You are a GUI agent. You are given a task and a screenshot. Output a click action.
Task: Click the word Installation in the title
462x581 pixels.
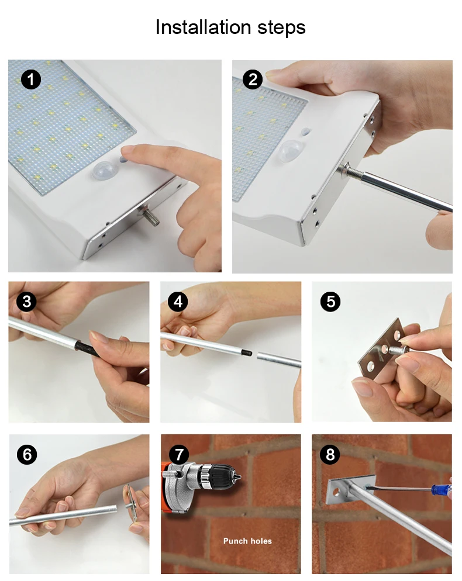click(203, 27)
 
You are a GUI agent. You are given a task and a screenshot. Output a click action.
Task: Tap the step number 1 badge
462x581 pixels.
click(31, 79)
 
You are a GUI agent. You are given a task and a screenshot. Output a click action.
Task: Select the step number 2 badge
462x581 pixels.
click(253, 79)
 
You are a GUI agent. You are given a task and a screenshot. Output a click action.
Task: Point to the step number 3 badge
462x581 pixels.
click(27, 301)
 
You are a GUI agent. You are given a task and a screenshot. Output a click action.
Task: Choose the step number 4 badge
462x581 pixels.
click(178, 301)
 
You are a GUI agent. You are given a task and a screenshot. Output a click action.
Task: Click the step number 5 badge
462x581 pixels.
click(330, 301)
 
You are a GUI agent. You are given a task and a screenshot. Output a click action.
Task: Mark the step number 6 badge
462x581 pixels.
click(27, 454)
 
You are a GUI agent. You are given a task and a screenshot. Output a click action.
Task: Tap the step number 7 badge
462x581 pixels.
click(179, 454)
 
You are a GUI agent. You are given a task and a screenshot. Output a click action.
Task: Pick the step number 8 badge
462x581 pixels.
click(330, 454)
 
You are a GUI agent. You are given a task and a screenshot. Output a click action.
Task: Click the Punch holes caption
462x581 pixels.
click(247, 541)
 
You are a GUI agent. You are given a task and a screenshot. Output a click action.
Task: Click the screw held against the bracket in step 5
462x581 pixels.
click(400, 350)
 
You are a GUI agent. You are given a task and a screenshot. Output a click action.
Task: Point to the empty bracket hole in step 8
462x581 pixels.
click(337, 492)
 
